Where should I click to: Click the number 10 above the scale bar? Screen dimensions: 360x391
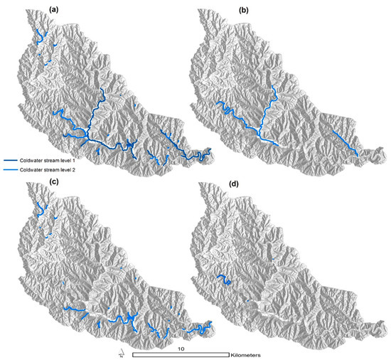[x=181, y=349]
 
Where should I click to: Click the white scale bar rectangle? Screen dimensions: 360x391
[x=181, y=354]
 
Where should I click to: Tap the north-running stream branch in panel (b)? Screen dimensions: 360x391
[x=271, y=107]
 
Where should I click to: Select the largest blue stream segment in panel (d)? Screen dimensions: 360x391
[x=223, y=280]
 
